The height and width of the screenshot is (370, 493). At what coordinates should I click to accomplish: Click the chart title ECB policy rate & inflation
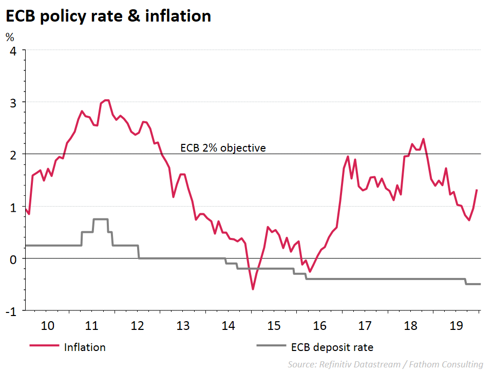tap(108, 16)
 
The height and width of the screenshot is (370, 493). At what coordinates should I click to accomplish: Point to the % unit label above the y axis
tap(10, 37)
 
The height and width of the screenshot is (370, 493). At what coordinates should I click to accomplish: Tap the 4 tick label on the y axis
tap(13, 50)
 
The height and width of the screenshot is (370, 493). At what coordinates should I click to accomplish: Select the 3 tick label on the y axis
tap(13, 102)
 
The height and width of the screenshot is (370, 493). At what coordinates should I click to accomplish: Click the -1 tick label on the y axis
tap(11, 311)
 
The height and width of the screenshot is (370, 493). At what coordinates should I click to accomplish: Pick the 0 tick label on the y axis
tap(13, 258)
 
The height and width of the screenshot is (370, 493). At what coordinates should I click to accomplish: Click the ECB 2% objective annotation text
tap(223, 148)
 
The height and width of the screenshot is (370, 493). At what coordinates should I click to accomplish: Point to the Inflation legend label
tap(85, 347)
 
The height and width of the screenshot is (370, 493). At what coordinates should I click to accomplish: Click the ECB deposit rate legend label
tap(332, 347)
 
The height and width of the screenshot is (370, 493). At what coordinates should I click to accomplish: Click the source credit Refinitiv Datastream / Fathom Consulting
tap(385, 364)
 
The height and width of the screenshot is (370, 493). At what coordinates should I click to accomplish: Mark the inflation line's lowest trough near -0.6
tap(253, 289)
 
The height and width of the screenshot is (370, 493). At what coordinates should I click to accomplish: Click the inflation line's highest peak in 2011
tap(106, 100)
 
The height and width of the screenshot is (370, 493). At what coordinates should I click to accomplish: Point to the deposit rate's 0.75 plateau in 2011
tap(101, 219)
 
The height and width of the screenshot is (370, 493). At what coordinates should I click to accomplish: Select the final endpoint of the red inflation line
tap(477, 190)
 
